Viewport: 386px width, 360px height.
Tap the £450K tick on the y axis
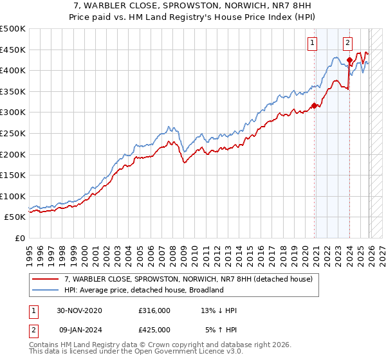13,50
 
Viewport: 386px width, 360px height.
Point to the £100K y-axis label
13,196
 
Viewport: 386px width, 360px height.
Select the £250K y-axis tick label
13,133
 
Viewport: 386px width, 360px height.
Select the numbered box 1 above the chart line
313,43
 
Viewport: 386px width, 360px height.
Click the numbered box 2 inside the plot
347,43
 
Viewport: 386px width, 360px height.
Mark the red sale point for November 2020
314,105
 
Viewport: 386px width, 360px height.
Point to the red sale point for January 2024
349,60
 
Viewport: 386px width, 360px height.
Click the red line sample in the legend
46,279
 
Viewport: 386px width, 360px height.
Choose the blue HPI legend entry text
143,290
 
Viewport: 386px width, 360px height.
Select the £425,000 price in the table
154,329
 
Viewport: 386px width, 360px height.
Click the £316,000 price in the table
154,310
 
